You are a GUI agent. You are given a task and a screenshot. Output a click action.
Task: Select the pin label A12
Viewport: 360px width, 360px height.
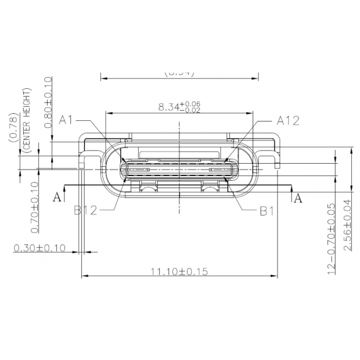coord(287,120)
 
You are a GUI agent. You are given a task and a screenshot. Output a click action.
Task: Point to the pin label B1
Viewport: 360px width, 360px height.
coord(266,210)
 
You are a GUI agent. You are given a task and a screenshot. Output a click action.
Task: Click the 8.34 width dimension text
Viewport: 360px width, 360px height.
coord(168,107)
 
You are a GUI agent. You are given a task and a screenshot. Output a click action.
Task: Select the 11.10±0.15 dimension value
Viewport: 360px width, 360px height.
coord(180,271)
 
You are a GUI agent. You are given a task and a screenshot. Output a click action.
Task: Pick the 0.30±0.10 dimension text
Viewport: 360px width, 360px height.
coord(39,248)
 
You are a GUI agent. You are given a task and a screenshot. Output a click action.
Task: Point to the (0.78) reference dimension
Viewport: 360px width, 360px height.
coord(13,127)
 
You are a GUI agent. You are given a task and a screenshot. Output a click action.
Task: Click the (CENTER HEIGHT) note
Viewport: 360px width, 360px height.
coord(26,119)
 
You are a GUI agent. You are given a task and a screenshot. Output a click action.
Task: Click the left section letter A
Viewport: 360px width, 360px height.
coord(57,197)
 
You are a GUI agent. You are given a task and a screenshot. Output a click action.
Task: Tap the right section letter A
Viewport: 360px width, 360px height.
coord(298,198)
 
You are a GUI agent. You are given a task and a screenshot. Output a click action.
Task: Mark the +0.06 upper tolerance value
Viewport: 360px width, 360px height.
coord(192,103)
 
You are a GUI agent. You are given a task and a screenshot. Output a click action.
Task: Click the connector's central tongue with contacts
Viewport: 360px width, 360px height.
coord(180,170)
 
